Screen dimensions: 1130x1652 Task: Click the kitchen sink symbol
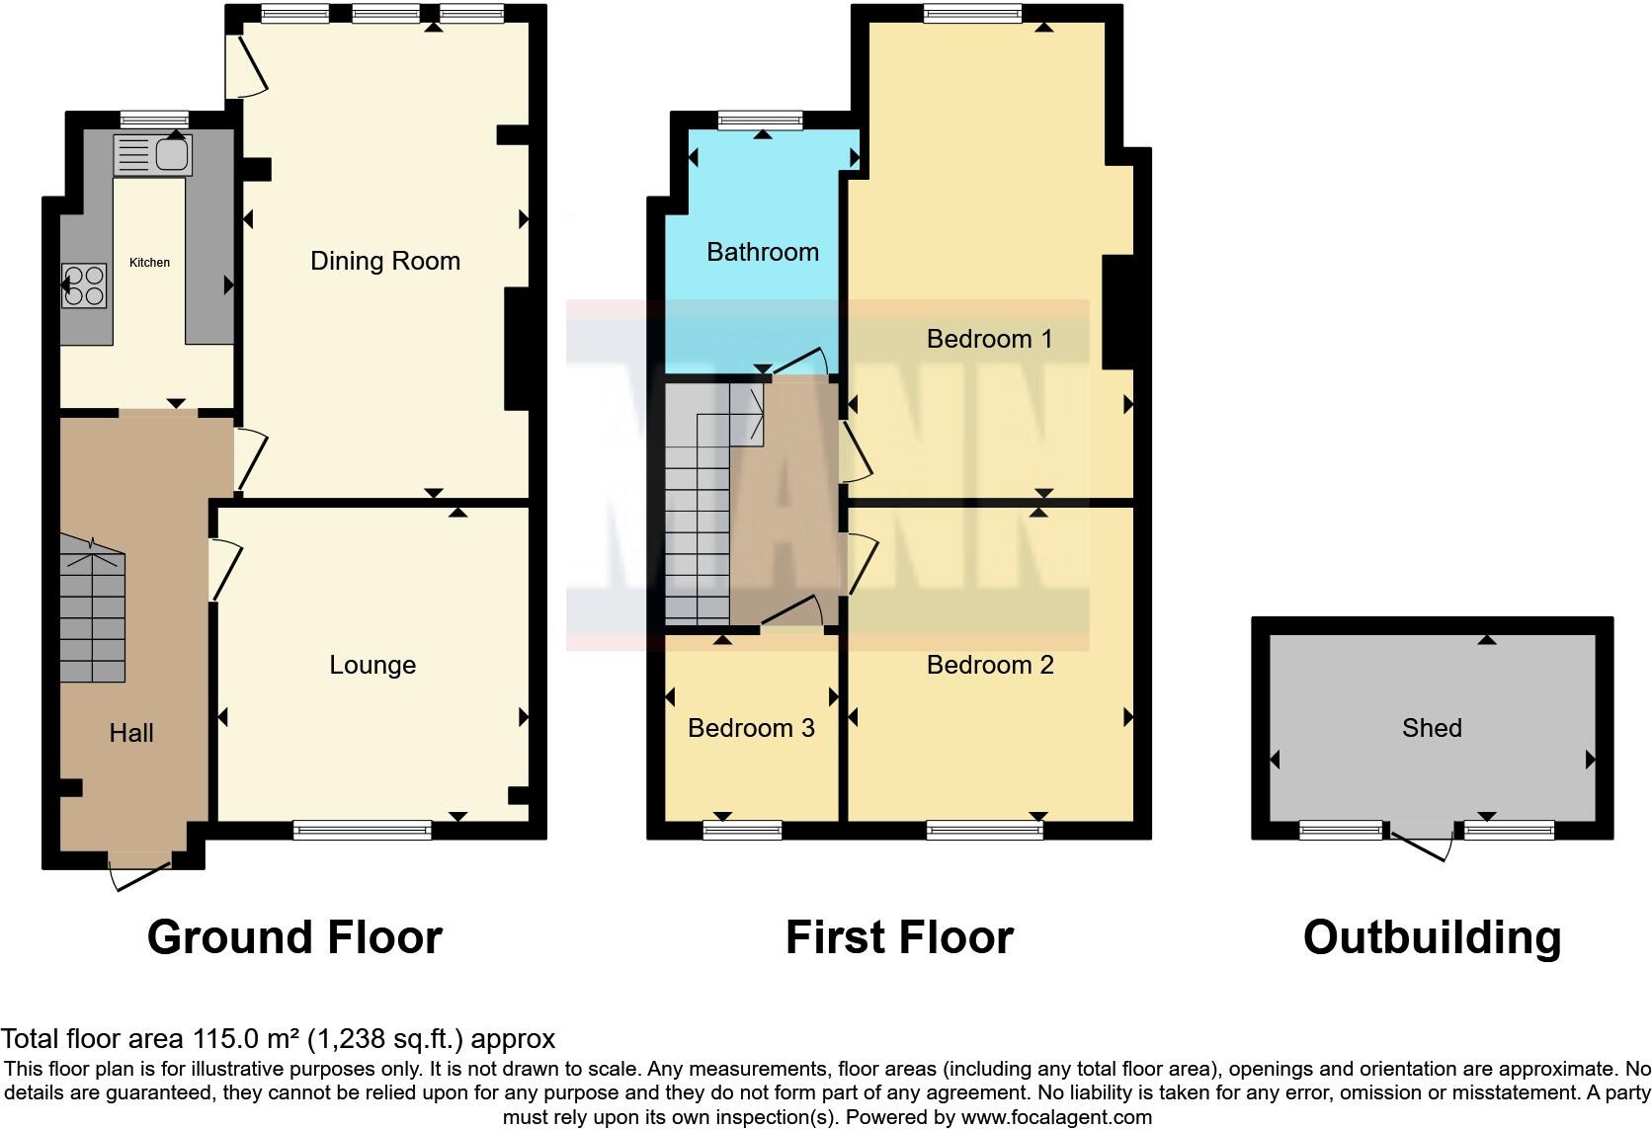(153, 155)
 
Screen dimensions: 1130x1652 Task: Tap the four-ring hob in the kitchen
(84, 285)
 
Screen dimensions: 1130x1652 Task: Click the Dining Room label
(385, 261)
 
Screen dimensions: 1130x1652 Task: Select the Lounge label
(372, 665)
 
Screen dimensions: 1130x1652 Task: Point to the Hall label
(131, 733)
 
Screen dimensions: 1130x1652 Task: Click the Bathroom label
(763, 252)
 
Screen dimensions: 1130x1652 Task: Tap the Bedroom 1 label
(989, 339)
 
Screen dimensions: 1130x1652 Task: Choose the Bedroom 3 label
(751, 728)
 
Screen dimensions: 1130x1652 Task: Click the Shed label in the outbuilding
(1432, 728)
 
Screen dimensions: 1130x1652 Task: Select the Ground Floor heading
(294, 937)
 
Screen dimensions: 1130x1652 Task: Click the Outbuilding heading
(1432, 937)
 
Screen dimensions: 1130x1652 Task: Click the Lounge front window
(363, 831)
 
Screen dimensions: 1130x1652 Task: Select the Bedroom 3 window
(742, 831)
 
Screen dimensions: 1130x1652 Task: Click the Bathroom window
(760, 121)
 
